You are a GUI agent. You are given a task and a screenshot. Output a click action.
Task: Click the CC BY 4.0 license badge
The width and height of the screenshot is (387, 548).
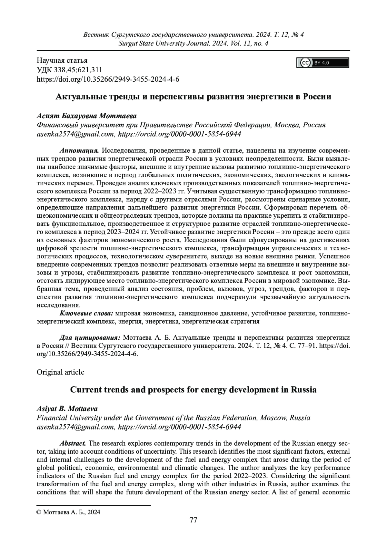pyautogui.click(x=322, y=63)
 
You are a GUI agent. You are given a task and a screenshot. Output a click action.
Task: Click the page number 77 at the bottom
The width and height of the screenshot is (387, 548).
pyautogui.click(x=193, y=529)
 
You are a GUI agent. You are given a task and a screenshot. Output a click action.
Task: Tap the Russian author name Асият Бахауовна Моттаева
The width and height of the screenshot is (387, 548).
pyautogui.click(x=87, y=116)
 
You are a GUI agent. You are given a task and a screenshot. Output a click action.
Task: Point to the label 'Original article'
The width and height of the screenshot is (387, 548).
pyautogui.click(x=61, y=372)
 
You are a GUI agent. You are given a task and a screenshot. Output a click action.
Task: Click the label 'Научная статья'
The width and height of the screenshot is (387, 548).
pyautogui.click(x=62, y=60)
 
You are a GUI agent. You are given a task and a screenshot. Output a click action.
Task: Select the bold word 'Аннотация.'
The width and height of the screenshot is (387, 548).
pyautogui.click(x=79, y=150)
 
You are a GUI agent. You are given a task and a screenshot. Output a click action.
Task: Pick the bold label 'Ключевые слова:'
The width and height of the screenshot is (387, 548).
pyautogui.click(x=86, y=313)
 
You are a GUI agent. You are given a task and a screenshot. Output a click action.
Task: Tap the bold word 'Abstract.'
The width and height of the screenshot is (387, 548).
pyautogui.click(x=73, y=443)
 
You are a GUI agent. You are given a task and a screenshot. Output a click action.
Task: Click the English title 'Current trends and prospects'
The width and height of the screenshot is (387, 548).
pyautogui.click(x=193, y=390)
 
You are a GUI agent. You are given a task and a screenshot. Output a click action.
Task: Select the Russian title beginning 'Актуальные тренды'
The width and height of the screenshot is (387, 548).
pyautogui.click(x=193, y=97)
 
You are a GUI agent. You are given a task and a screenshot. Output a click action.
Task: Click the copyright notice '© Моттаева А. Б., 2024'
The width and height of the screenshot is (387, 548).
pyautogui.click(x=69, y=512)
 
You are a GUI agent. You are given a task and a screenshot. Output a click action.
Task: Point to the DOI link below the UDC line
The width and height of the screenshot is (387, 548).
pyautogui.click(x=108, y=79)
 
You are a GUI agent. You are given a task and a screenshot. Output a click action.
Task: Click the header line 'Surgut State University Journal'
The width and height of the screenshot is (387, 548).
pyautogui.click(x=193, y=43)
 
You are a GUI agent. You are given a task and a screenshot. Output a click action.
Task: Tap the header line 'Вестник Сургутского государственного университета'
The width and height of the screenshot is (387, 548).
pyautogui.click(x=193, y=34)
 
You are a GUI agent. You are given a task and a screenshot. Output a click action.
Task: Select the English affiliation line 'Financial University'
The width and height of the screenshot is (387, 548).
pyautogui.click(x=174, y=418)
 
